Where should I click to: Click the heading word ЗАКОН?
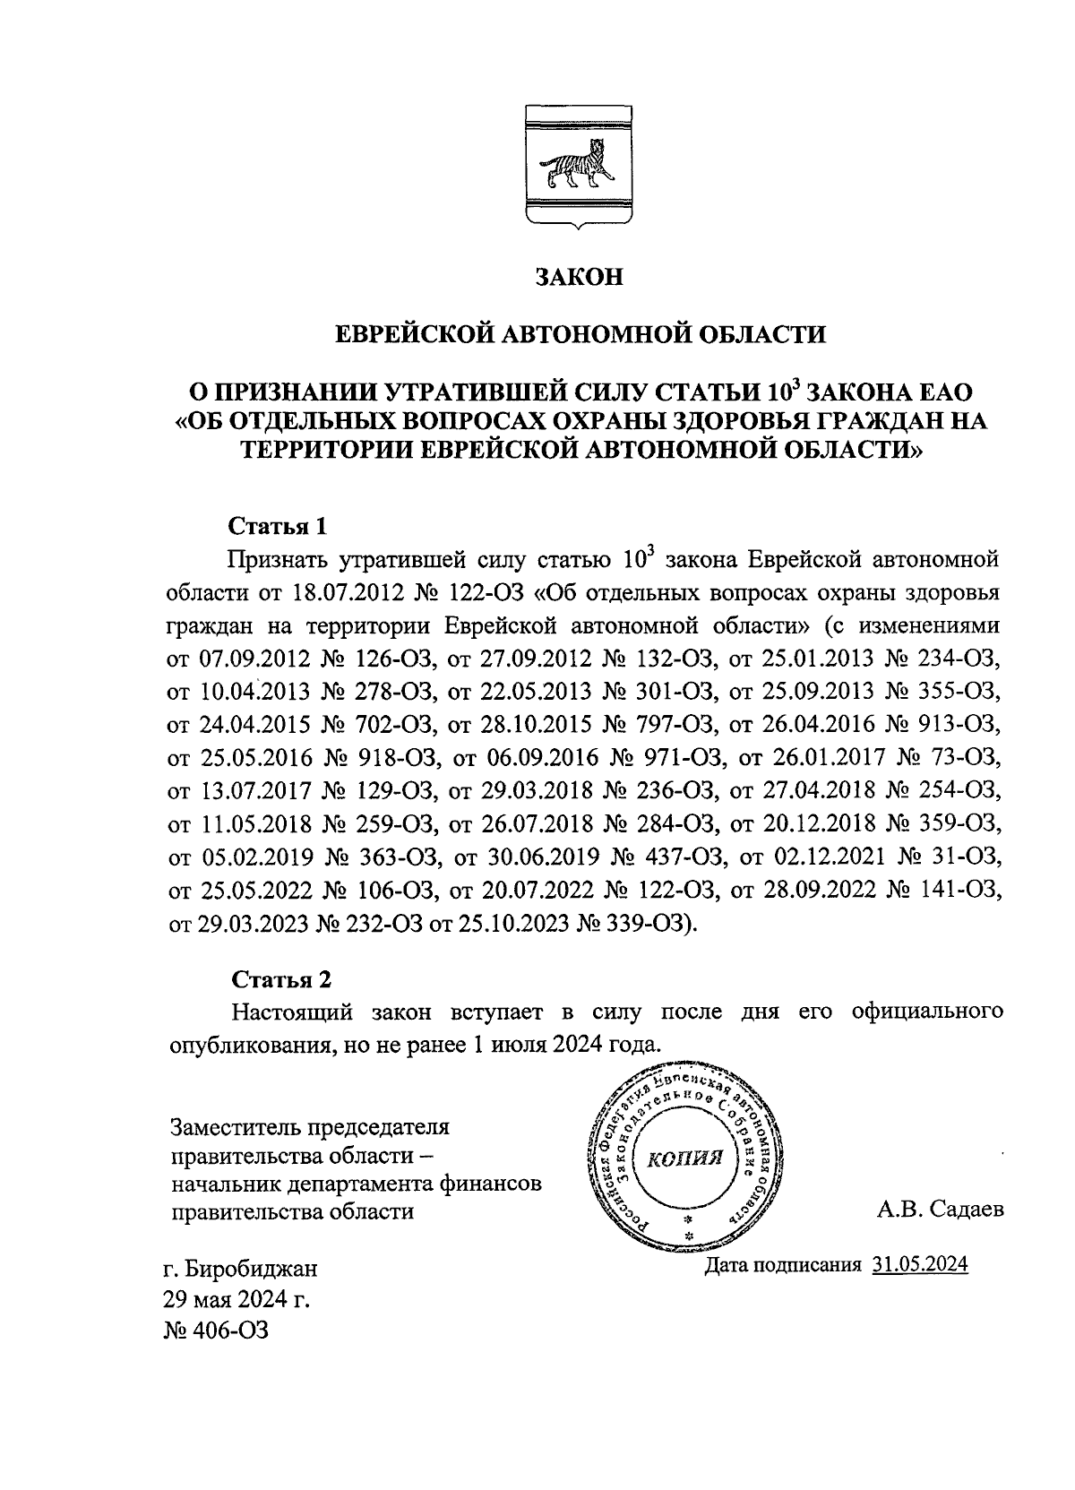pyautogui.click(x=579, y=276)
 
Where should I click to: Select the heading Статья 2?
pyautogui.click(x=275, y=978)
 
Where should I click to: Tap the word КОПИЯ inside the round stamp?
pyautogui.click(x=684, y=1159)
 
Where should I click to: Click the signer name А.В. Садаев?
pyautogui.click(x=941, y=1210)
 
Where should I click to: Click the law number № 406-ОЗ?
pyautogui.click(x=215, y=1330)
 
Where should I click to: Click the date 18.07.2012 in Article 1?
pyautogui.click(x=340, y=593)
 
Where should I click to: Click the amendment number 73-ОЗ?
pyautogui.click(x=964, y=757)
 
